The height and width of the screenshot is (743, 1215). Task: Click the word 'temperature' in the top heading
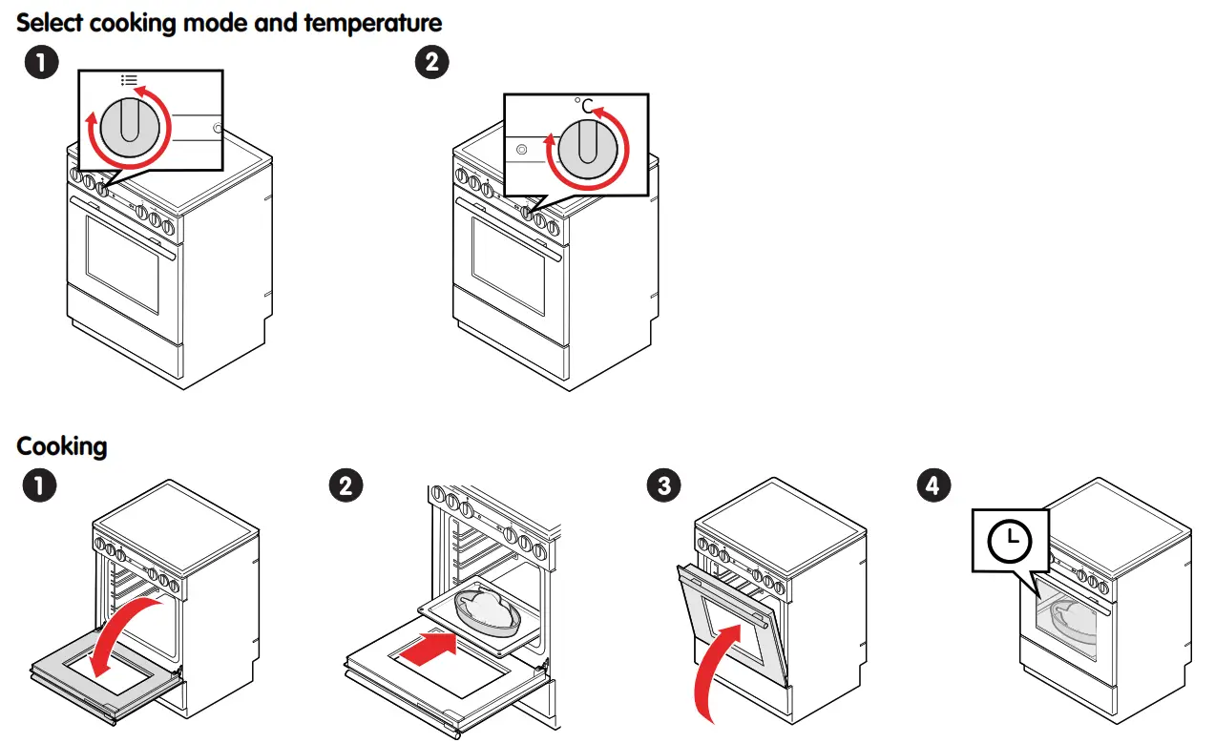point(373,22)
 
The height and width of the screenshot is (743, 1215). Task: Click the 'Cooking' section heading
point(62,445)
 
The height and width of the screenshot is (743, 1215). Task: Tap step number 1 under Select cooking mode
point(40,64)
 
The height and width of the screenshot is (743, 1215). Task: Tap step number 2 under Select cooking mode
point(431,64)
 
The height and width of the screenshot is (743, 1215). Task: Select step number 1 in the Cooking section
point(40,485)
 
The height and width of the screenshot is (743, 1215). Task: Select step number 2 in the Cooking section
point(346,485)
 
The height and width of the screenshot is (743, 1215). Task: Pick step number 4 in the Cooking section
point(932,485)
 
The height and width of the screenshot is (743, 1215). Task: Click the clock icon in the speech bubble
point(1009,541)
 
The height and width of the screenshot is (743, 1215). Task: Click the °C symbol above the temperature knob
point(584,105)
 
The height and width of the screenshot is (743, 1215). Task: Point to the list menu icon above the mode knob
point(129,80)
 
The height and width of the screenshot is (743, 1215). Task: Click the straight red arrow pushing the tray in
point(427,652)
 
